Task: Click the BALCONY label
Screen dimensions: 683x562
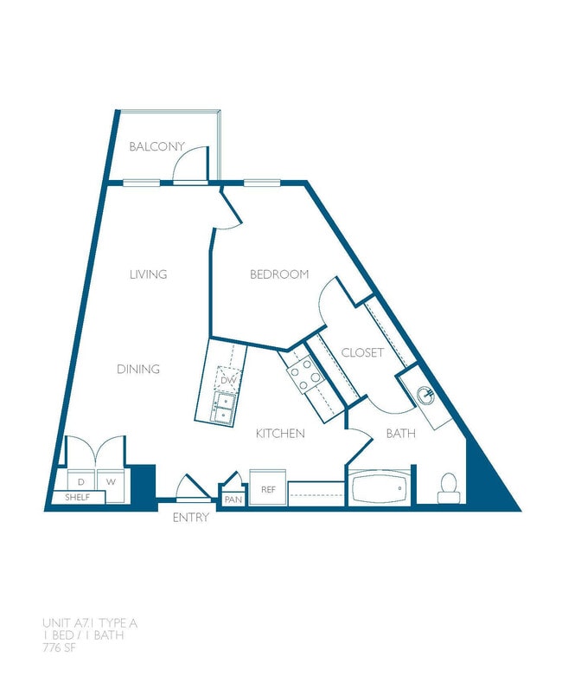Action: point(157,146)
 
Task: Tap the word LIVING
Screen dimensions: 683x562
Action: point(148,274)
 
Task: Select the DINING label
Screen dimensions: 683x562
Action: point(138,370)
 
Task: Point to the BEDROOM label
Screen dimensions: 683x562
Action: point(279,274)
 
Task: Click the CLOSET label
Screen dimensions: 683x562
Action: point(362,352)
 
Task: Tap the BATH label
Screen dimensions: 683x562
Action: point(400,433)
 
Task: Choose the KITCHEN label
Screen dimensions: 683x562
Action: point(280,433)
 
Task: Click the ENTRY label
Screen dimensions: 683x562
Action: point(190,518)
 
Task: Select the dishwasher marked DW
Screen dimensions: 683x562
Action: point(227,379)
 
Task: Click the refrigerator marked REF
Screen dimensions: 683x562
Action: point(267,489)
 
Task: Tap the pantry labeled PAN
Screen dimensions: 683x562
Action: point(233,499)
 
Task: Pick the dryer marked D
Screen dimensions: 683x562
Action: point(82,480)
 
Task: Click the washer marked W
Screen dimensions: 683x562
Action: point(112,480)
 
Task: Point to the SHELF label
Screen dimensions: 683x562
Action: point(77,498)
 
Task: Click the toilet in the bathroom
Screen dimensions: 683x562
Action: point(448,489)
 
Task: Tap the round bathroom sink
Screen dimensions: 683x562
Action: point(425,395)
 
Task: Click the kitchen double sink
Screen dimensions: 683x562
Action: point(223,407)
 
